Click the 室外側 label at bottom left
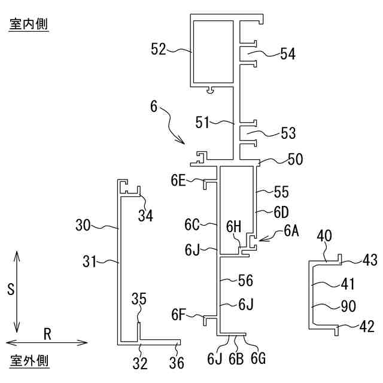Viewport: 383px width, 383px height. point(29,361)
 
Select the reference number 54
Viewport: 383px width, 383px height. point(288,54)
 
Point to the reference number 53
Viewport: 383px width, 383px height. point(288,132)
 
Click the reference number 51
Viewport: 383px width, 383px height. point(202,123)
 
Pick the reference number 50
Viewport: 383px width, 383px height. point(295,159)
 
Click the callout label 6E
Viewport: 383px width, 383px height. point(178,180)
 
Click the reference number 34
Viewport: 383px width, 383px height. point(145,215)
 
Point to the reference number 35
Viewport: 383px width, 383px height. point(138,298)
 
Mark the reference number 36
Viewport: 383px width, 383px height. point(177,363)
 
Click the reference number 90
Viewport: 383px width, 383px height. point(348,306)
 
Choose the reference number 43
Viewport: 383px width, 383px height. point(370,260)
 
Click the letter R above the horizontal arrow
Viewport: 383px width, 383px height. point(47,334)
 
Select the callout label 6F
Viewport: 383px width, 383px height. point(178,314)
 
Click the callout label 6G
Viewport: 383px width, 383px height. point(258,358)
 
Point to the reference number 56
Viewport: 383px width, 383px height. point(245,280)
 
